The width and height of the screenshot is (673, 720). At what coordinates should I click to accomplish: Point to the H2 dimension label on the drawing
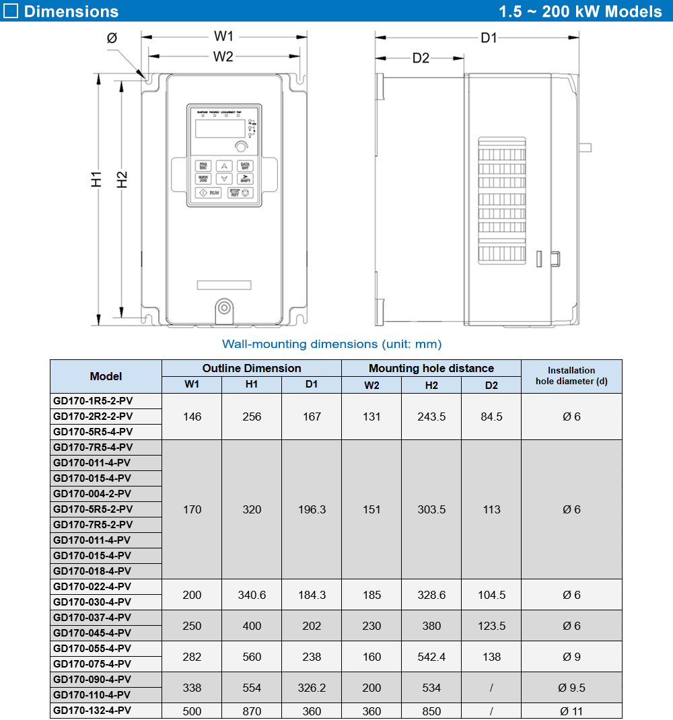pos(121,180)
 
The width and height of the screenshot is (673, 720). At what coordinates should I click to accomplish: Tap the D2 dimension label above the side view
pos(421,58)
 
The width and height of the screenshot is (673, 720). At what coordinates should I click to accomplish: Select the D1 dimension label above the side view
pos(488,38)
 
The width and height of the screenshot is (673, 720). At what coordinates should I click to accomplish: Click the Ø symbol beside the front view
pos(112,38)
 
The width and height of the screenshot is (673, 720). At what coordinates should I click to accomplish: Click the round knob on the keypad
pos(240,147)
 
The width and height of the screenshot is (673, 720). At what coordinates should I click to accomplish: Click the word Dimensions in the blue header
pos(71,11)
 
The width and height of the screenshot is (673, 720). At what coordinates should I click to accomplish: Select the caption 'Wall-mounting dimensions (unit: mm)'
pos(332,344)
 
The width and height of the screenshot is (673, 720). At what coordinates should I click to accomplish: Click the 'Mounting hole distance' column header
pos(431,368)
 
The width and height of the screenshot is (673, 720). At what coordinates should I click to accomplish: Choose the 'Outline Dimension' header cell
pos(252,368)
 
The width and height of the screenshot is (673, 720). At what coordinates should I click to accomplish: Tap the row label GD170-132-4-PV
pos(92,711)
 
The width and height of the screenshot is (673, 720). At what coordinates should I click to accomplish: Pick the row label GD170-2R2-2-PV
pos(93,417)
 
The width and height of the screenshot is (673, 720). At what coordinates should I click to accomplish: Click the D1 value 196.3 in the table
pos(312,509)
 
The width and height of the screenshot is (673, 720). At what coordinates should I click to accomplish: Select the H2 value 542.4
pos(431,657)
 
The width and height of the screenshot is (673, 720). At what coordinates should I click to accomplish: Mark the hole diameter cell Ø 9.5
pos(571,688)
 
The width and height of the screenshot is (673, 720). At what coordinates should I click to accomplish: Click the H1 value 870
pos(252,711)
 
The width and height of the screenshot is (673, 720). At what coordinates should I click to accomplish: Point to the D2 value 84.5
pos(491,417)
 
